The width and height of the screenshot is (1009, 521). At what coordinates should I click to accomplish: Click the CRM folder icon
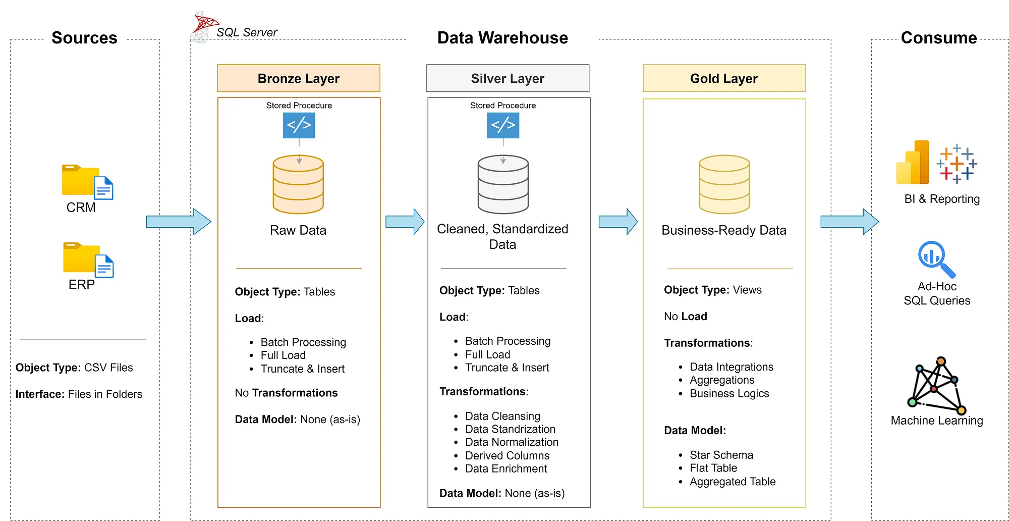click(86, 182)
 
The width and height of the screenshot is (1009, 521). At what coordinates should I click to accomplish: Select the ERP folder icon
click(87, 259)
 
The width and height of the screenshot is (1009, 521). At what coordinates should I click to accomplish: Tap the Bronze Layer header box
click(298, 78)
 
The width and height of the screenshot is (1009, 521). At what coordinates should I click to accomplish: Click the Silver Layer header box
click(508, 78)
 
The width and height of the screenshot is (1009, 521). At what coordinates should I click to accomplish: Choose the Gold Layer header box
click(724, 78)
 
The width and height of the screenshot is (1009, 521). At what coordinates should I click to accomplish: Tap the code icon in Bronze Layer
click(299, 125)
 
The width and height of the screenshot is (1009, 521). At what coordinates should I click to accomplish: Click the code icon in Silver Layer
click(503, 125)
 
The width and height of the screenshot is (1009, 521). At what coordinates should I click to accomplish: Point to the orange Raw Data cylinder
click(298, 185)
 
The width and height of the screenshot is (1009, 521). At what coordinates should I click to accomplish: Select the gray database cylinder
click(503, 185)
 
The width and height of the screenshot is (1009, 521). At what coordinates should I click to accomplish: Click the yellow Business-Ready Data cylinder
click(724, 185)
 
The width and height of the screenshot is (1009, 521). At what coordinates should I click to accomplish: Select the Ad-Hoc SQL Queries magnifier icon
click(936, 259)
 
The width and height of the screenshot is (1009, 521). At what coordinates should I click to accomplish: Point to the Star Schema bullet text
click(721, 455)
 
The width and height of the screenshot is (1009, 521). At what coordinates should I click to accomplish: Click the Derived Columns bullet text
click(507, 455)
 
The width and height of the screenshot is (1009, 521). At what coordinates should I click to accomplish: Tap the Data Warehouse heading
click(502, 38)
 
